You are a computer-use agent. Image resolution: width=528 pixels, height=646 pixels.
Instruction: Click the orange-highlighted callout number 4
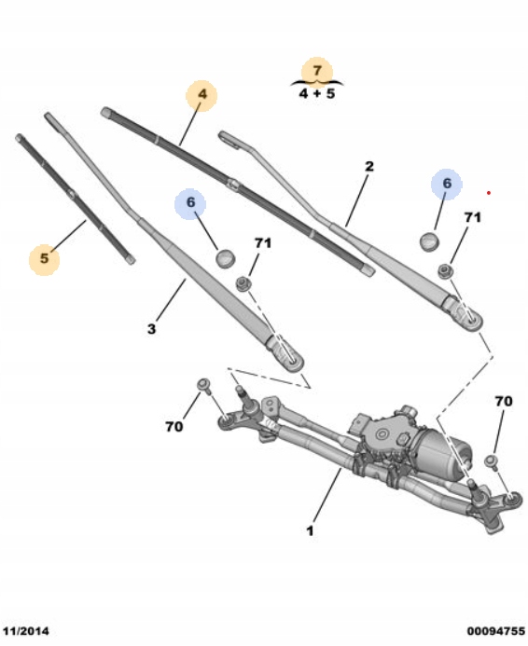[x=202, y=94]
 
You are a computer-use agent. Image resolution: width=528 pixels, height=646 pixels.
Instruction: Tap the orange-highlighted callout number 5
[x=44, y=258]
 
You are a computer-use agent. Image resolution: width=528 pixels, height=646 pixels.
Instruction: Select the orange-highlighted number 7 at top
[x=316, y=71]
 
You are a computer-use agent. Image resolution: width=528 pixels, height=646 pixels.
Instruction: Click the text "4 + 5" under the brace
[x=317, y=93]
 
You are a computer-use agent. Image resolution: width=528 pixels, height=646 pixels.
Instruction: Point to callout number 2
[x=368, y=166]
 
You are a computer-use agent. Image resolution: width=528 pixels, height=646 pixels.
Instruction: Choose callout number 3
[x=152, y=329]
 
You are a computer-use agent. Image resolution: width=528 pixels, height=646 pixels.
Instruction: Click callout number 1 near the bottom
[x=310, y=530]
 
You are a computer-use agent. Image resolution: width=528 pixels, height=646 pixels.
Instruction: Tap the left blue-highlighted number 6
[x=190, y=202]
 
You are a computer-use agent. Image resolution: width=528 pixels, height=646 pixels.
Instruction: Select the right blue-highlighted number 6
[x=447, y=184]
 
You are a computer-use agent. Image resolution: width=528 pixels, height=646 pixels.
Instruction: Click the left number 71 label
[x=263, y=243]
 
